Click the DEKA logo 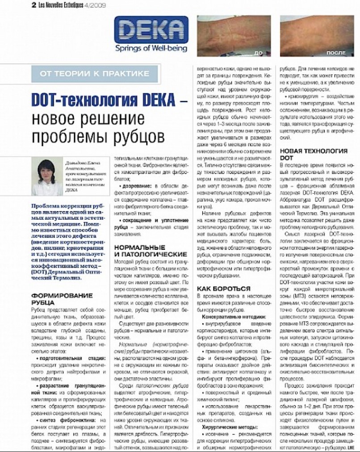pos(151,30)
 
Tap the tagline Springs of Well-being pos(151,48)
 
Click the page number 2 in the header pos(34,6)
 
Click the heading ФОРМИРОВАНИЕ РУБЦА pos(62,298)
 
